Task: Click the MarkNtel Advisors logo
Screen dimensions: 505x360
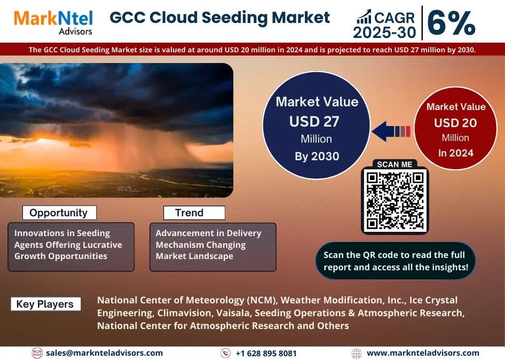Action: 53,22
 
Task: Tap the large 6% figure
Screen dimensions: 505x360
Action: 451,23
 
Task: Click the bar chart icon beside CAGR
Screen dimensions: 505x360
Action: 364,17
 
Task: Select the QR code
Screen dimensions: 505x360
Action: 395,200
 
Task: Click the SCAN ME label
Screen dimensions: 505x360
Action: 394,165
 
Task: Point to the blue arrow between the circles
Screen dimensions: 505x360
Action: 391,131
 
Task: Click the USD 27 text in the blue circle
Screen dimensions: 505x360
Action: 314,122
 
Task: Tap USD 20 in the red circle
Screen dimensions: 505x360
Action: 455,123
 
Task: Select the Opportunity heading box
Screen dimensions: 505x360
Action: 59,213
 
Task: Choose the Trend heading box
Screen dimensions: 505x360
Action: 194,213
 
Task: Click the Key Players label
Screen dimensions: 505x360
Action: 45,304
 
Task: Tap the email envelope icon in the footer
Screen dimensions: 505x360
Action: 37,353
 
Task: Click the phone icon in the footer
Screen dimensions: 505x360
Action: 225,353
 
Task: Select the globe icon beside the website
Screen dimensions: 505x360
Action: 357,354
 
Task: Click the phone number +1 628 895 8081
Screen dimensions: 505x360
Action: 266,354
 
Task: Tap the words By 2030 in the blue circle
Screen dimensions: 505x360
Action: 317,156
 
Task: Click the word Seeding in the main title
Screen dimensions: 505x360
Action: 234,18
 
